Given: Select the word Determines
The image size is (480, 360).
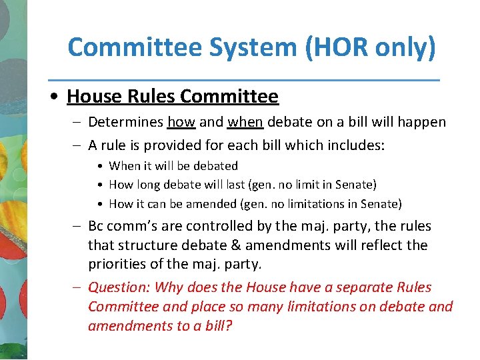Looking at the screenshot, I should tap(125, 122).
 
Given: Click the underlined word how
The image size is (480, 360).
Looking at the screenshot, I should tap(181, 122).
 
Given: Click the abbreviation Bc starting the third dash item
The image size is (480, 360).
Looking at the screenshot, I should tap(97, 226).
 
